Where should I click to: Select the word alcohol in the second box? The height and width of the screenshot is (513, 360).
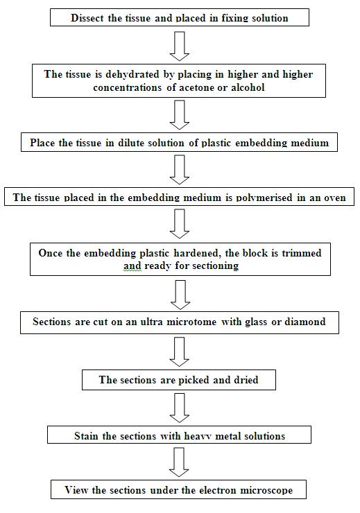click(x=248, y=87)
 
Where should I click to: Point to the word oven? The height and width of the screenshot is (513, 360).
click(x=335, y=198)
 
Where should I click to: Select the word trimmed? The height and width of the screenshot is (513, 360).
click(x=302, y=253)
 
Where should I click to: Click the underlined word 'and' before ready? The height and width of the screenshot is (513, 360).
click(x=132, y=266)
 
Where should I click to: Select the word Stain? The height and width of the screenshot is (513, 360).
click(x=87, y=436)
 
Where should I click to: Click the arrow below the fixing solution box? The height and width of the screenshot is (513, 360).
click(x=180, y=46)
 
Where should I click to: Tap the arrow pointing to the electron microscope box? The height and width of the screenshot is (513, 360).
click(x=179, y=462)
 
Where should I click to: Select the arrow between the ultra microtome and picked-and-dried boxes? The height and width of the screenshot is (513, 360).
click(x=180, y=352)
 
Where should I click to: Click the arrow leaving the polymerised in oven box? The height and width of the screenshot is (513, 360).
click(x=180, y=224)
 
